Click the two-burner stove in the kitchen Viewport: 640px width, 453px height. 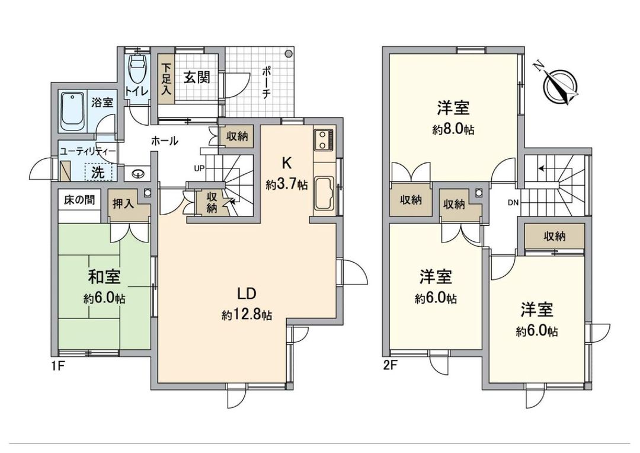coord(324,141)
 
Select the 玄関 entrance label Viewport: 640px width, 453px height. coord(196,78)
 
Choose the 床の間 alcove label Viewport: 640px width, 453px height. coord(79,200)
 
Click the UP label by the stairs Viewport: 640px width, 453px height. coord(199,168)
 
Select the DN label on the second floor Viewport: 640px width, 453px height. coord(514,203)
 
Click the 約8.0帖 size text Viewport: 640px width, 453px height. coord(453,130)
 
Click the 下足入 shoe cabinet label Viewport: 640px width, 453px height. coord(167,78)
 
